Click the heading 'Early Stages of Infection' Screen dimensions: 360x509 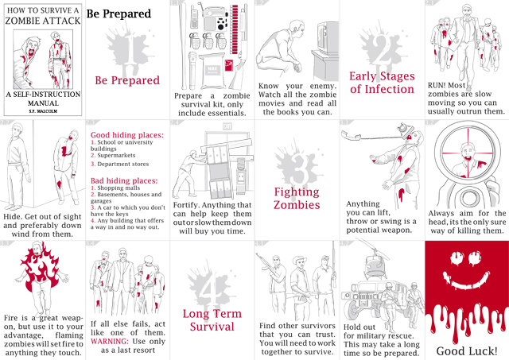point(382,83)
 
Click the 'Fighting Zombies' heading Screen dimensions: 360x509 point(297,198)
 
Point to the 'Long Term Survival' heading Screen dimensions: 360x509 point(212,319)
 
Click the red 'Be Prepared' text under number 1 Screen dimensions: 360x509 point(127,80)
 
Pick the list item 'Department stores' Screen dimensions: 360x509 point(124,165)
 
